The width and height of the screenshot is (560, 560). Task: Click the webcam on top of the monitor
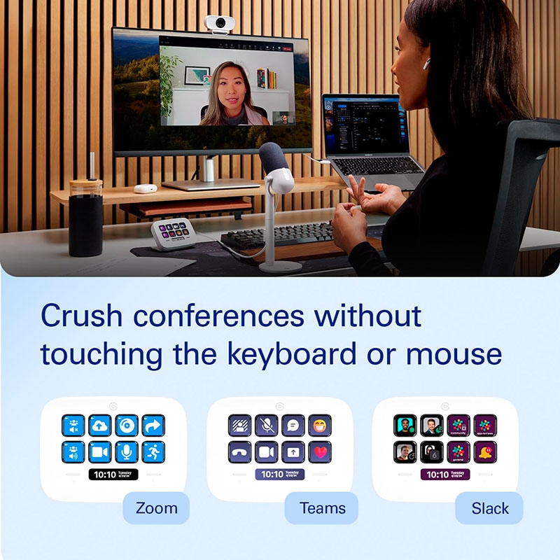click(219, 23)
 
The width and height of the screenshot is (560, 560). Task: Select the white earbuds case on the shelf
click(146, 188)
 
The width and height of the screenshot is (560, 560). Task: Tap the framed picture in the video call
click(197, 74)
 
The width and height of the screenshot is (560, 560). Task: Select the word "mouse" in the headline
click(454, 354)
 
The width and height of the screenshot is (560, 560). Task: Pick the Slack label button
click(489, 508)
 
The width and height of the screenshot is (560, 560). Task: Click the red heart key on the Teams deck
click(319, 451)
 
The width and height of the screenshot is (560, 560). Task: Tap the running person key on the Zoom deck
click(153, 451)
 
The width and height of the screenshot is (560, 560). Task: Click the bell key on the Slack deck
click(485, 451)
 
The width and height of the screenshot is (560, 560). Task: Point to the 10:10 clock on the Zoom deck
click(113, 474)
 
